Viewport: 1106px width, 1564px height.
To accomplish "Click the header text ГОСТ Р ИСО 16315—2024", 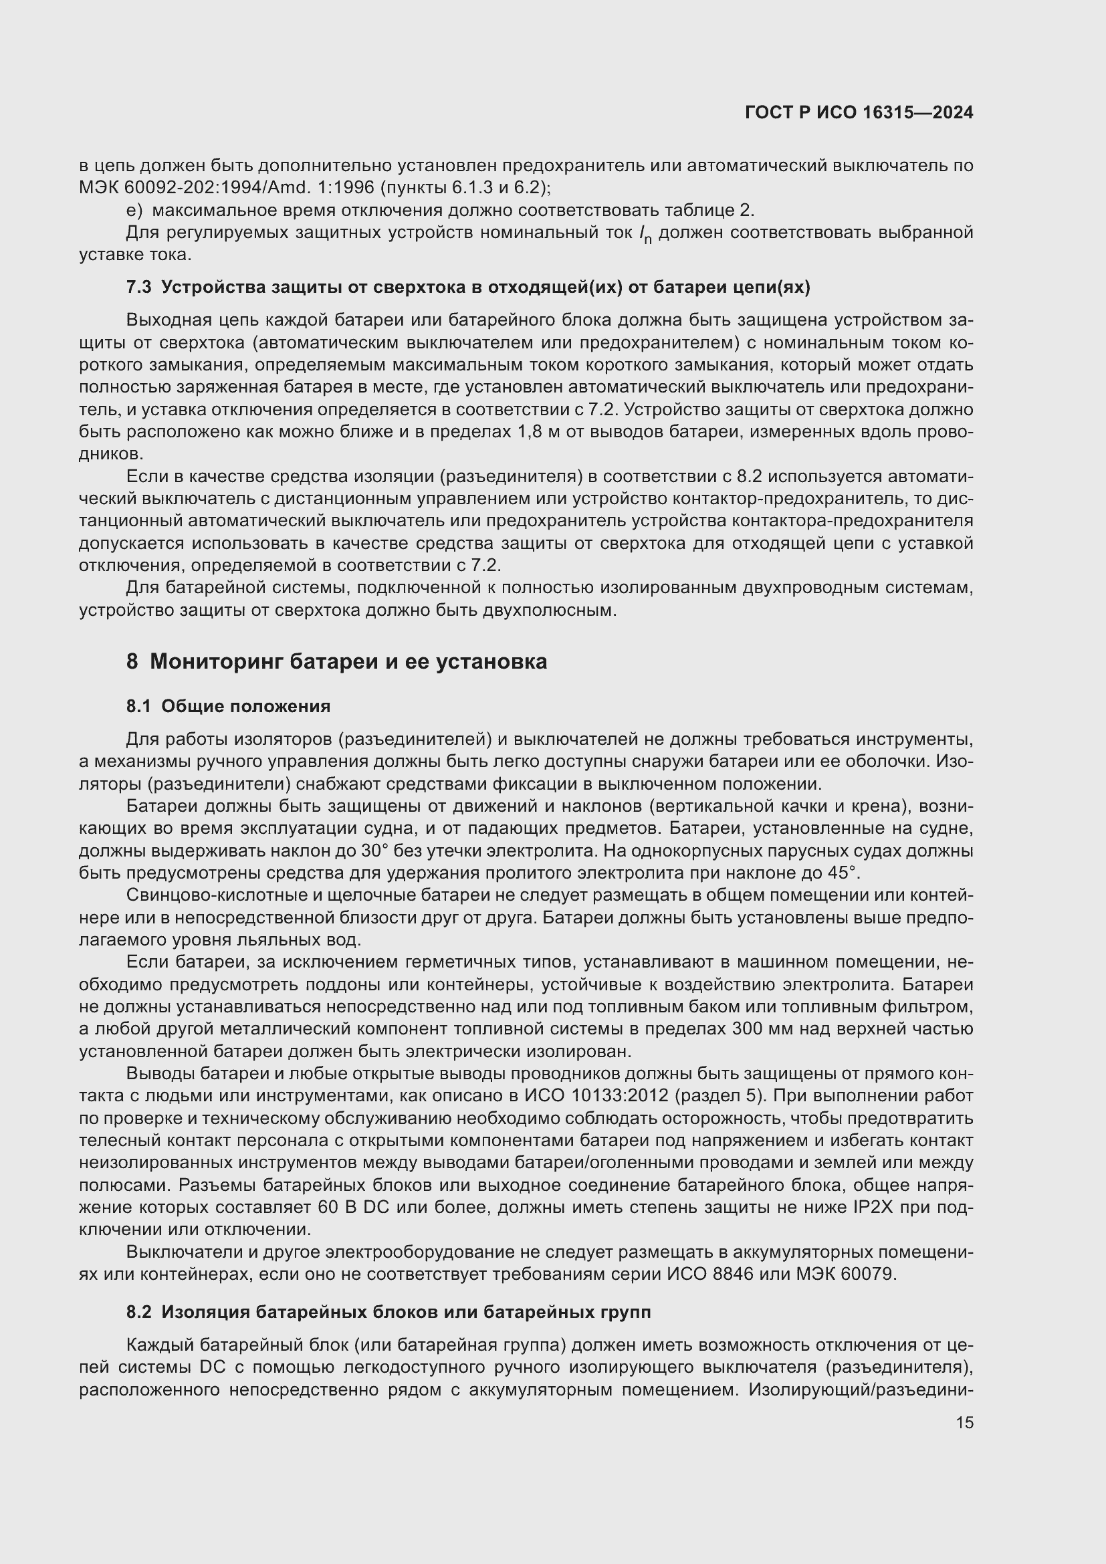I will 859,113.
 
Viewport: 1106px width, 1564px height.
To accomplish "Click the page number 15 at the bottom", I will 964,1422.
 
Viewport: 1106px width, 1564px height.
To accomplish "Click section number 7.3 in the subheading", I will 138,288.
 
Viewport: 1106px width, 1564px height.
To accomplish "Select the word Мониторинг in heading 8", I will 219,661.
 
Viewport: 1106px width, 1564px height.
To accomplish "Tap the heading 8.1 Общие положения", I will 228,706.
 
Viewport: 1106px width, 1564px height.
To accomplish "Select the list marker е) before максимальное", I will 134,210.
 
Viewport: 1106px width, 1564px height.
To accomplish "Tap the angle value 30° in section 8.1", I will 354,851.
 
